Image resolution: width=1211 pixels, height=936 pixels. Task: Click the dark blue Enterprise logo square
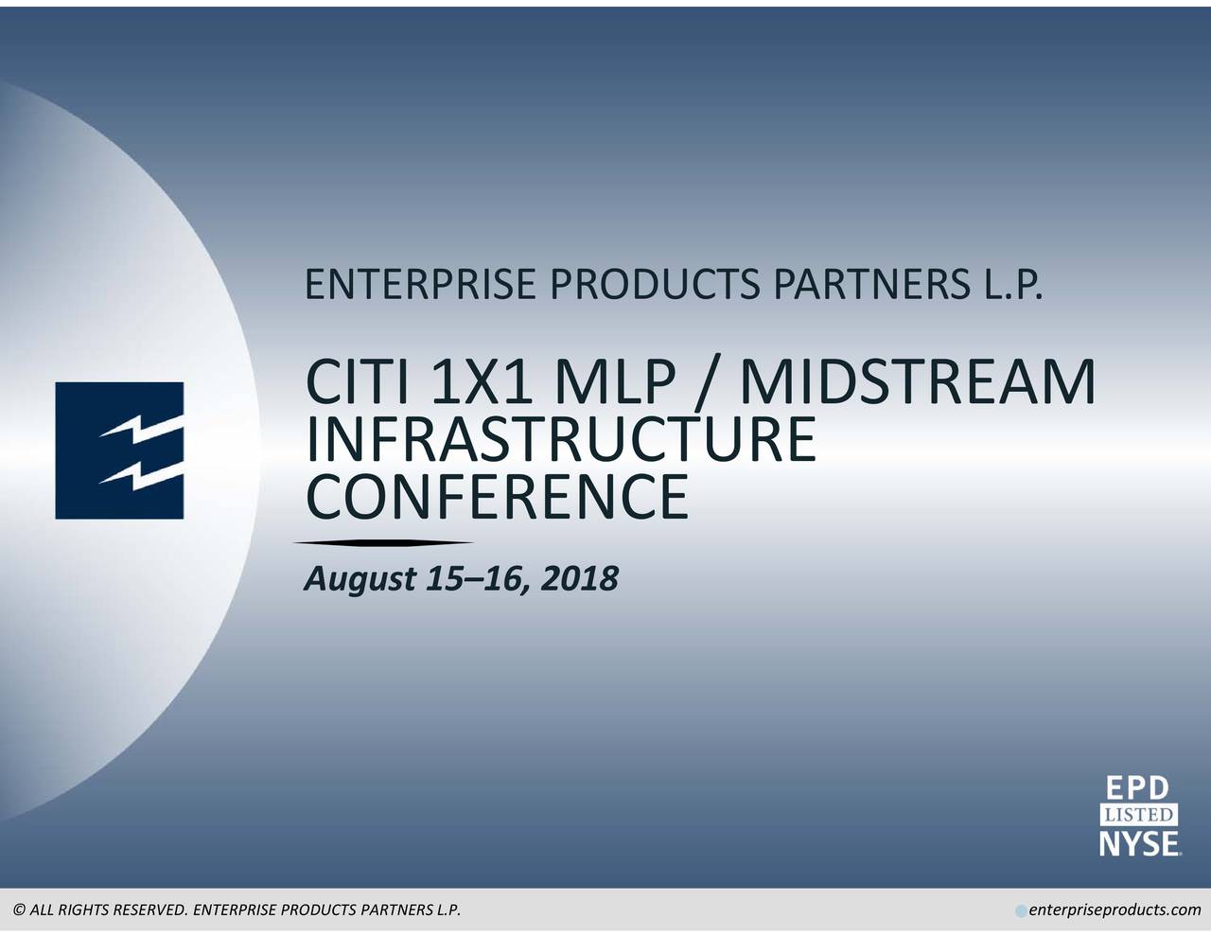119,450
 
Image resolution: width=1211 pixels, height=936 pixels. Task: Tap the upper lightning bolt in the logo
142,428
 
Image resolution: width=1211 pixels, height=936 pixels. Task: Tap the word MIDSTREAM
917,382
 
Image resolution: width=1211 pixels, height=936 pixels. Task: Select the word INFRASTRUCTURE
561,439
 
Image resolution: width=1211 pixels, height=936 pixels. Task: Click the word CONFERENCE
498,496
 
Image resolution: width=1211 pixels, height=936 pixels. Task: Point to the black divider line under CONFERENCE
383,542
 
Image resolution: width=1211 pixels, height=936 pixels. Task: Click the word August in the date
360,580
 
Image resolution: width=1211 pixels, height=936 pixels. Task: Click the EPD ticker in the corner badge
1137,788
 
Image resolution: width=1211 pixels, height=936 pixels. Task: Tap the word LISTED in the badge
1139,816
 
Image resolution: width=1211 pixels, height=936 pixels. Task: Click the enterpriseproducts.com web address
1115,910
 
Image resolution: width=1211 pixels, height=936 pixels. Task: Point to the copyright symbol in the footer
20,910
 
